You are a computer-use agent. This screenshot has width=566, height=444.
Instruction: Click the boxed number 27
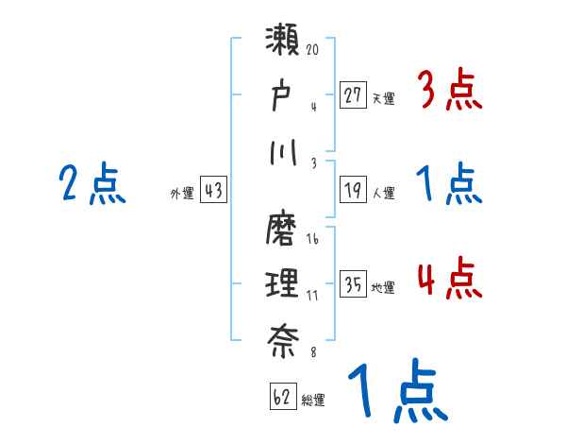pyautogui.click(x=354, y=95)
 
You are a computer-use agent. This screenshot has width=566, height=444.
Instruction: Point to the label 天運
pyautogui.click(x=383, y=97)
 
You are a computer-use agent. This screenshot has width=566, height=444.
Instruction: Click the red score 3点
pyautogui.click(x=449, y=92)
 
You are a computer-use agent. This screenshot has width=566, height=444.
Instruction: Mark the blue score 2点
pyautogui.click(x=92, y=184)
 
